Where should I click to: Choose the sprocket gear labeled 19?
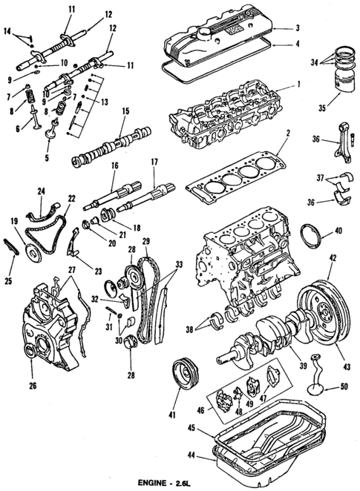(33, 249)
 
